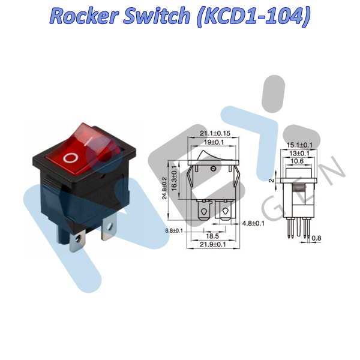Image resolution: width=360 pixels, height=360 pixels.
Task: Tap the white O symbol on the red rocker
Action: tap(71, 158)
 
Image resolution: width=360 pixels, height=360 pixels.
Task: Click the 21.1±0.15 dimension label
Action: tap(214, 133)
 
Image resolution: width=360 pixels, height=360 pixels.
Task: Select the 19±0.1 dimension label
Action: tap(214, 142)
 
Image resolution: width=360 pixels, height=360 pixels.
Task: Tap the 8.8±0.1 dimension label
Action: tap(174, 229)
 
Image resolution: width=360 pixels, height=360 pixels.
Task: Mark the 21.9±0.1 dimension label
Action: tap(214, 245)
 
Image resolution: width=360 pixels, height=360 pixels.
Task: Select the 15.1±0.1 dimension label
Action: tap(301, 145)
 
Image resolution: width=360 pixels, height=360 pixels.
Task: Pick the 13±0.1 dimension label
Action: tap(301, 153)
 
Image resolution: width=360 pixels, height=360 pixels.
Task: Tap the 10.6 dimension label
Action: tap(301, 161)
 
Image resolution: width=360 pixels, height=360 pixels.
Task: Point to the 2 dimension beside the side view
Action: tap(272, 180)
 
